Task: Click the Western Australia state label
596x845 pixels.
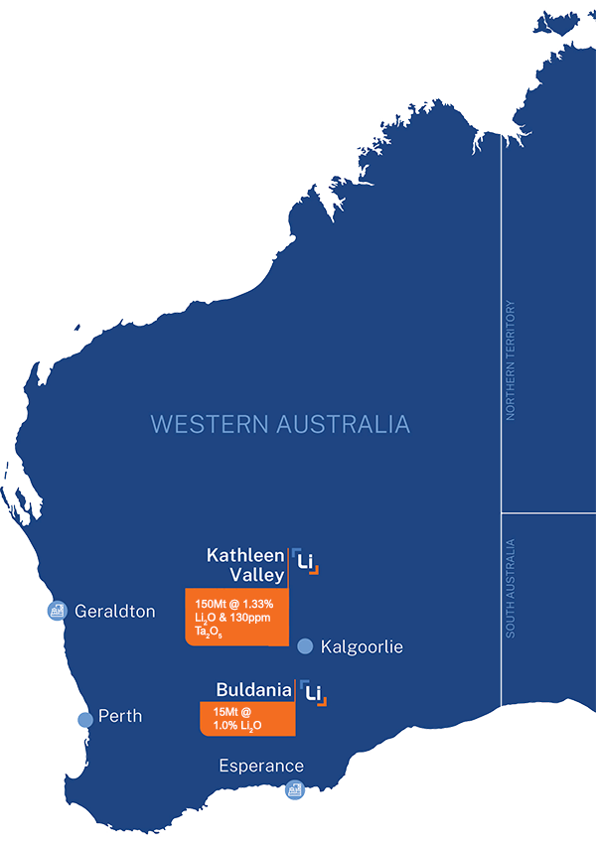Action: click(280, 424)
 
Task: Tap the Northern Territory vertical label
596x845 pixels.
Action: click(511, 360)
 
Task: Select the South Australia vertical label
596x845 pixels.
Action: click(511, 588)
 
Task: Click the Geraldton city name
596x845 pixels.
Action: click(115, 611)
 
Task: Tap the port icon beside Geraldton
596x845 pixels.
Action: click(57, 610)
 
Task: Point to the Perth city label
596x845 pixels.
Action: click(120, 716)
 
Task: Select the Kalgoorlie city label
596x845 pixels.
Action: click(362, 646)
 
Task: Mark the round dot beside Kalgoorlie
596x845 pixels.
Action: click(305, 645)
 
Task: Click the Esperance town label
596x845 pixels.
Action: click(261, 766)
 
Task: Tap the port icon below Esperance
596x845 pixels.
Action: click(293, 789)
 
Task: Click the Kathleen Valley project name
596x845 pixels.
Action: click(245, 564)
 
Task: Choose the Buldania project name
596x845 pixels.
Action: click(254, 689)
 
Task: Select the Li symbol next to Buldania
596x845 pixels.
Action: click(316, 691)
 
